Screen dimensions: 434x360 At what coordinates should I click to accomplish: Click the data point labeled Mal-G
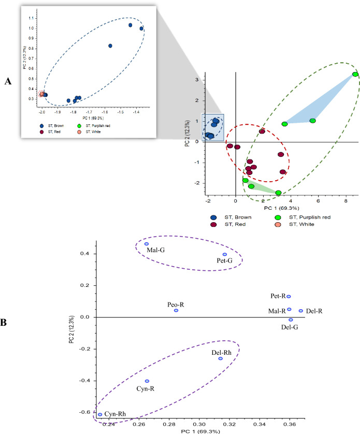tap(147, 244)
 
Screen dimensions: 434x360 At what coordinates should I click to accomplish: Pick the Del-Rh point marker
tap(220, 358)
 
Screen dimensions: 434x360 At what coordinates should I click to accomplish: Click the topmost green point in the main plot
tap(355, 75)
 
